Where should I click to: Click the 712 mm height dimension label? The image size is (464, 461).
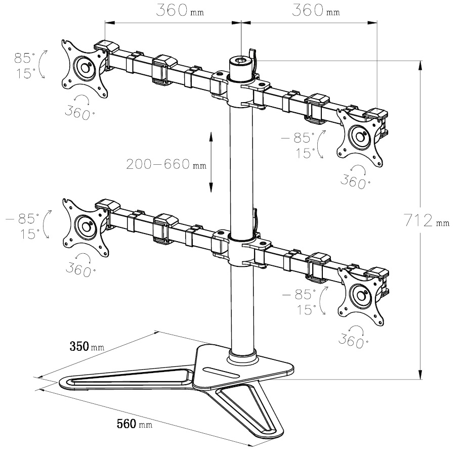tap(427, 220)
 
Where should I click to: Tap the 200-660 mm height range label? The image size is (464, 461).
tap(166, 164)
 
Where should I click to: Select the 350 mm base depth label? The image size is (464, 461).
tap(87, 346)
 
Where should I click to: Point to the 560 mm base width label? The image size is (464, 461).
tap(135, 424)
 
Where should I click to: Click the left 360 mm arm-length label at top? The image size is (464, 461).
tap(180, 10)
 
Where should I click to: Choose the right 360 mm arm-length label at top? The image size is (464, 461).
tap(316, 10)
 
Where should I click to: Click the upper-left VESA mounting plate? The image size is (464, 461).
tap(85, 69)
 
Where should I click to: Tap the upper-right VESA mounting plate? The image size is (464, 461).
tap(360, 137)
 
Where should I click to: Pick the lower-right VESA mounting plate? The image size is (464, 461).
tap(360, 296)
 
